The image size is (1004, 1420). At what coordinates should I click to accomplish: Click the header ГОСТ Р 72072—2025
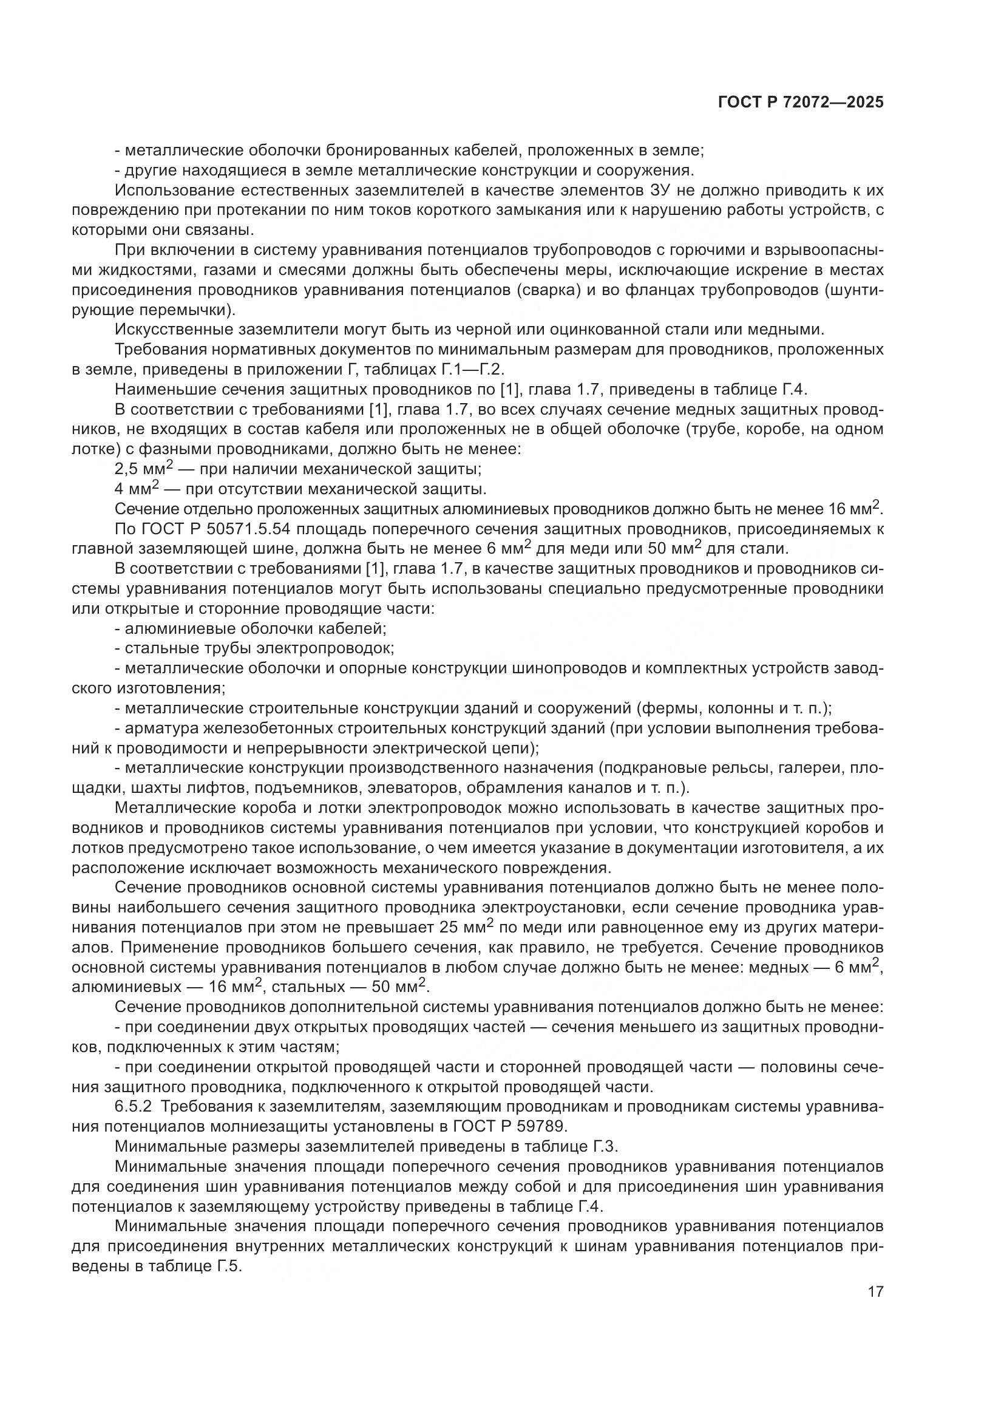pyautogui.click(x=801, y=103)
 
